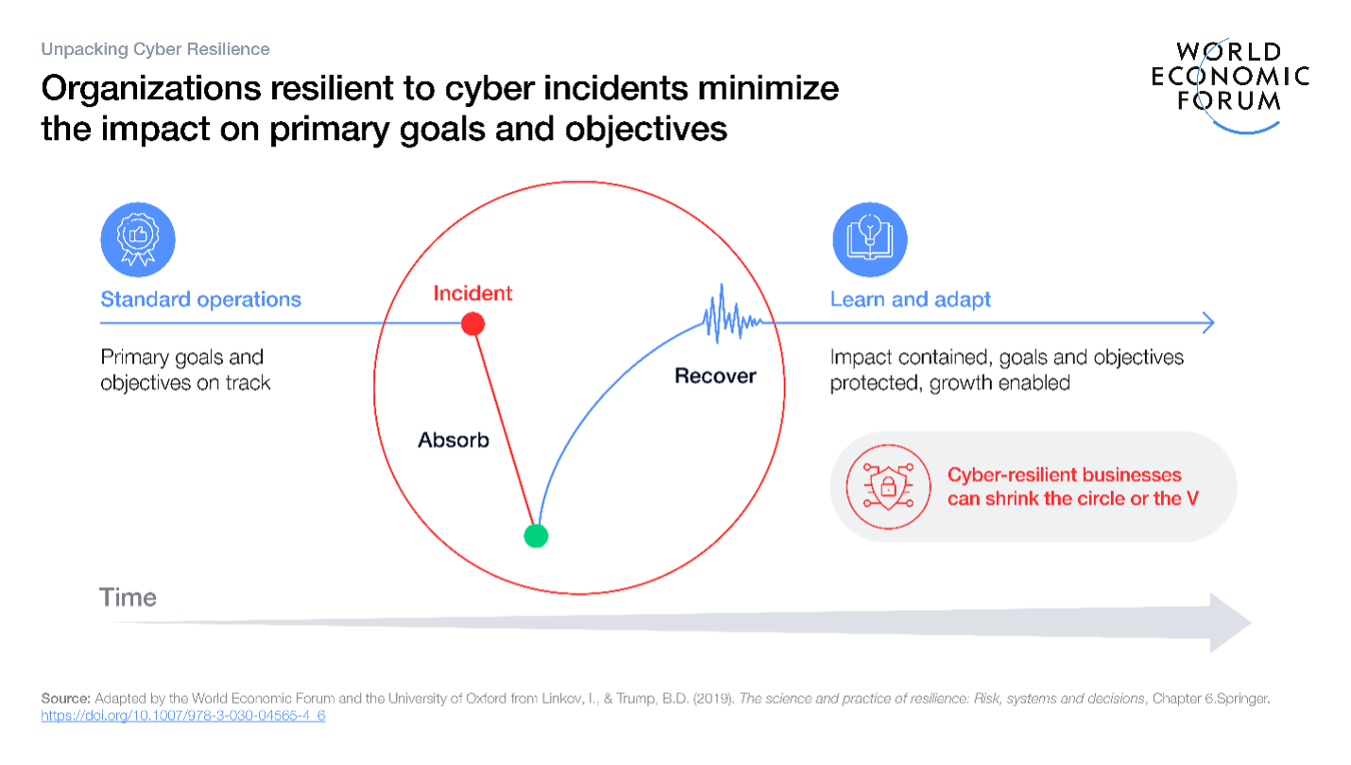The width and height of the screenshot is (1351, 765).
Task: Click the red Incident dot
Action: pyautogui.click(x=472, y=323)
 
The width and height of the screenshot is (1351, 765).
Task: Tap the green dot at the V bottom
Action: pyautogui.click(x=536, y=535)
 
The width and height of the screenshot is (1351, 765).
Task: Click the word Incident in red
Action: pyautogui.click(x=472, y=293)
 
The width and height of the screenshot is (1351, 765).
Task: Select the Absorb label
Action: pyautogui.click(x=453, y=440)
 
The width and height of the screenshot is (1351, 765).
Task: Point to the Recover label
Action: pyautogui.click(x=715, y=375)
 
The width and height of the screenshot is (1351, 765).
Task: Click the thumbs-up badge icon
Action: pyautogui.click(x=138, y=239)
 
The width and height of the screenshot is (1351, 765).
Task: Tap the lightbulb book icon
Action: pyautogui.click(x=870, y=239)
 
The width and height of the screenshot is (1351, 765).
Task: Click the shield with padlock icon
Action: pyautogui.click(x=888, y=487)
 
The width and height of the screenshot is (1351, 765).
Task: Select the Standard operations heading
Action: pyautogui.click(x=201, y=299)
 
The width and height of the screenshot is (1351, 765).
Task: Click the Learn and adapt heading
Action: pyautogui.click(x=910, y=299)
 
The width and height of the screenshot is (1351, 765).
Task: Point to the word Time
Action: pyautogui.click(x=128, y=597)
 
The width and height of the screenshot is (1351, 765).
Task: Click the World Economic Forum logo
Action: pyautogui.click(x=1230, y=85)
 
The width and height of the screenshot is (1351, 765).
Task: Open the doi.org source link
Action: pyautogui.click(x=182, y=716)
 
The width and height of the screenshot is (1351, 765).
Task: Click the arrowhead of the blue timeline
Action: pyautogui.click(x=1208, y=323)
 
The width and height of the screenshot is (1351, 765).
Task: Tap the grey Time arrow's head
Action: pyautogui.click(x=1230, y=622)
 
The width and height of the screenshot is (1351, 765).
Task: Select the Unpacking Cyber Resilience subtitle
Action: pyautogui.click(x=155, y=49)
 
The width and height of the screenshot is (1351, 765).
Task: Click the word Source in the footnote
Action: pyautogui.click(x=65, y=699)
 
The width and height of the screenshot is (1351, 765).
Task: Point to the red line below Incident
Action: pyautogui.click(x=504, y=430)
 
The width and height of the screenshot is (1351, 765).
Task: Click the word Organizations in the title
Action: pyautogui.click(x=151, y=89)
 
